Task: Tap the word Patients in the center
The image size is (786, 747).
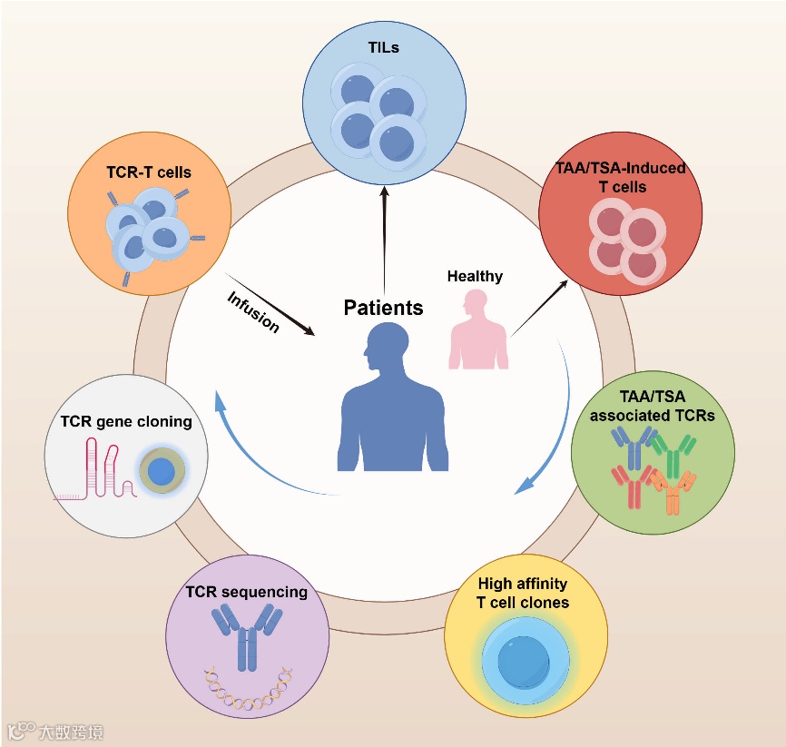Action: (383, 308)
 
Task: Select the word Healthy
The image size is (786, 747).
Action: (475, 276)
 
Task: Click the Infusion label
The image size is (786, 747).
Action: (253, 311)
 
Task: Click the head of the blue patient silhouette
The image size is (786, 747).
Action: (381, 349)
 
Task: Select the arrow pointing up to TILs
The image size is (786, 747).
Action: (384, 236)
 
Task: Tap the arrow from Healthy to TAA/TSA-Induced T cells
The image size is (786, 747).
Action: (539, 309)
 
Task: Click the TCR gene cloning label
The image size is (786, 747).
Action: (126, 421)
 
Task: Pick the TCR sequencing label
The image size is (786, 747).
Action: (246, 592)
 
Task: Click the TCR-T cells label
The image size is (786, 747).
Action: (148, 172)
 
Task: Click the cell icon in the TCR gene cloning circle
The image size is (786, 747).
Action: (162, 471)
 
